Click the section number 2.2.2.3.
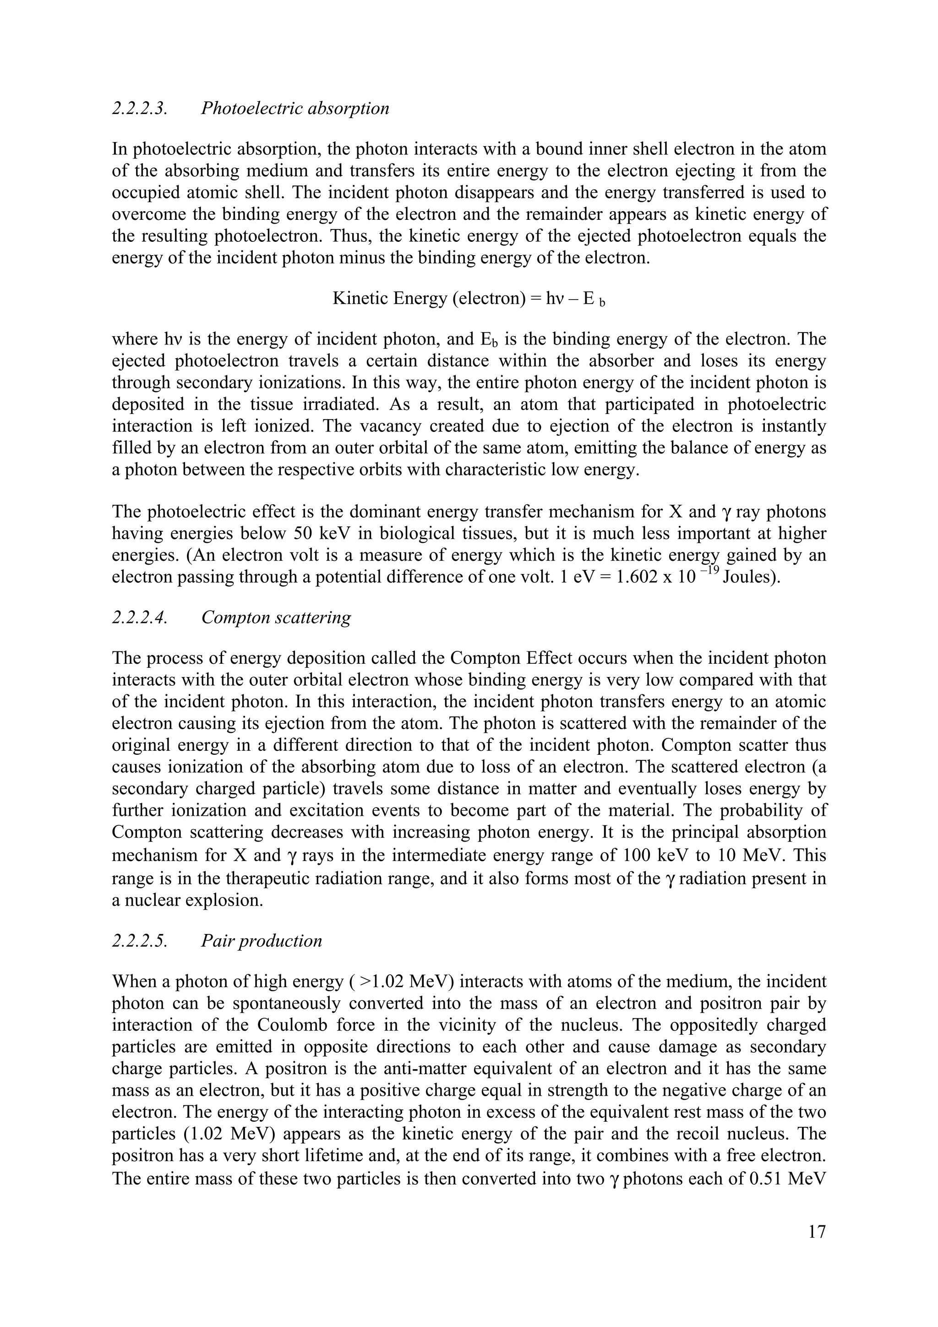pos(139,108)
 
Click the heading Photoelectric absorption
pos(295,108)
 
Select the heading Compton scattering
pos(276,617)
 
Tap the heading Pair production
pos(261,941)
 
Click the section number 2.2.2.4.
pos(139,617)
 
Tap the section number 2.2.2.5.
pos(139,941)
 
